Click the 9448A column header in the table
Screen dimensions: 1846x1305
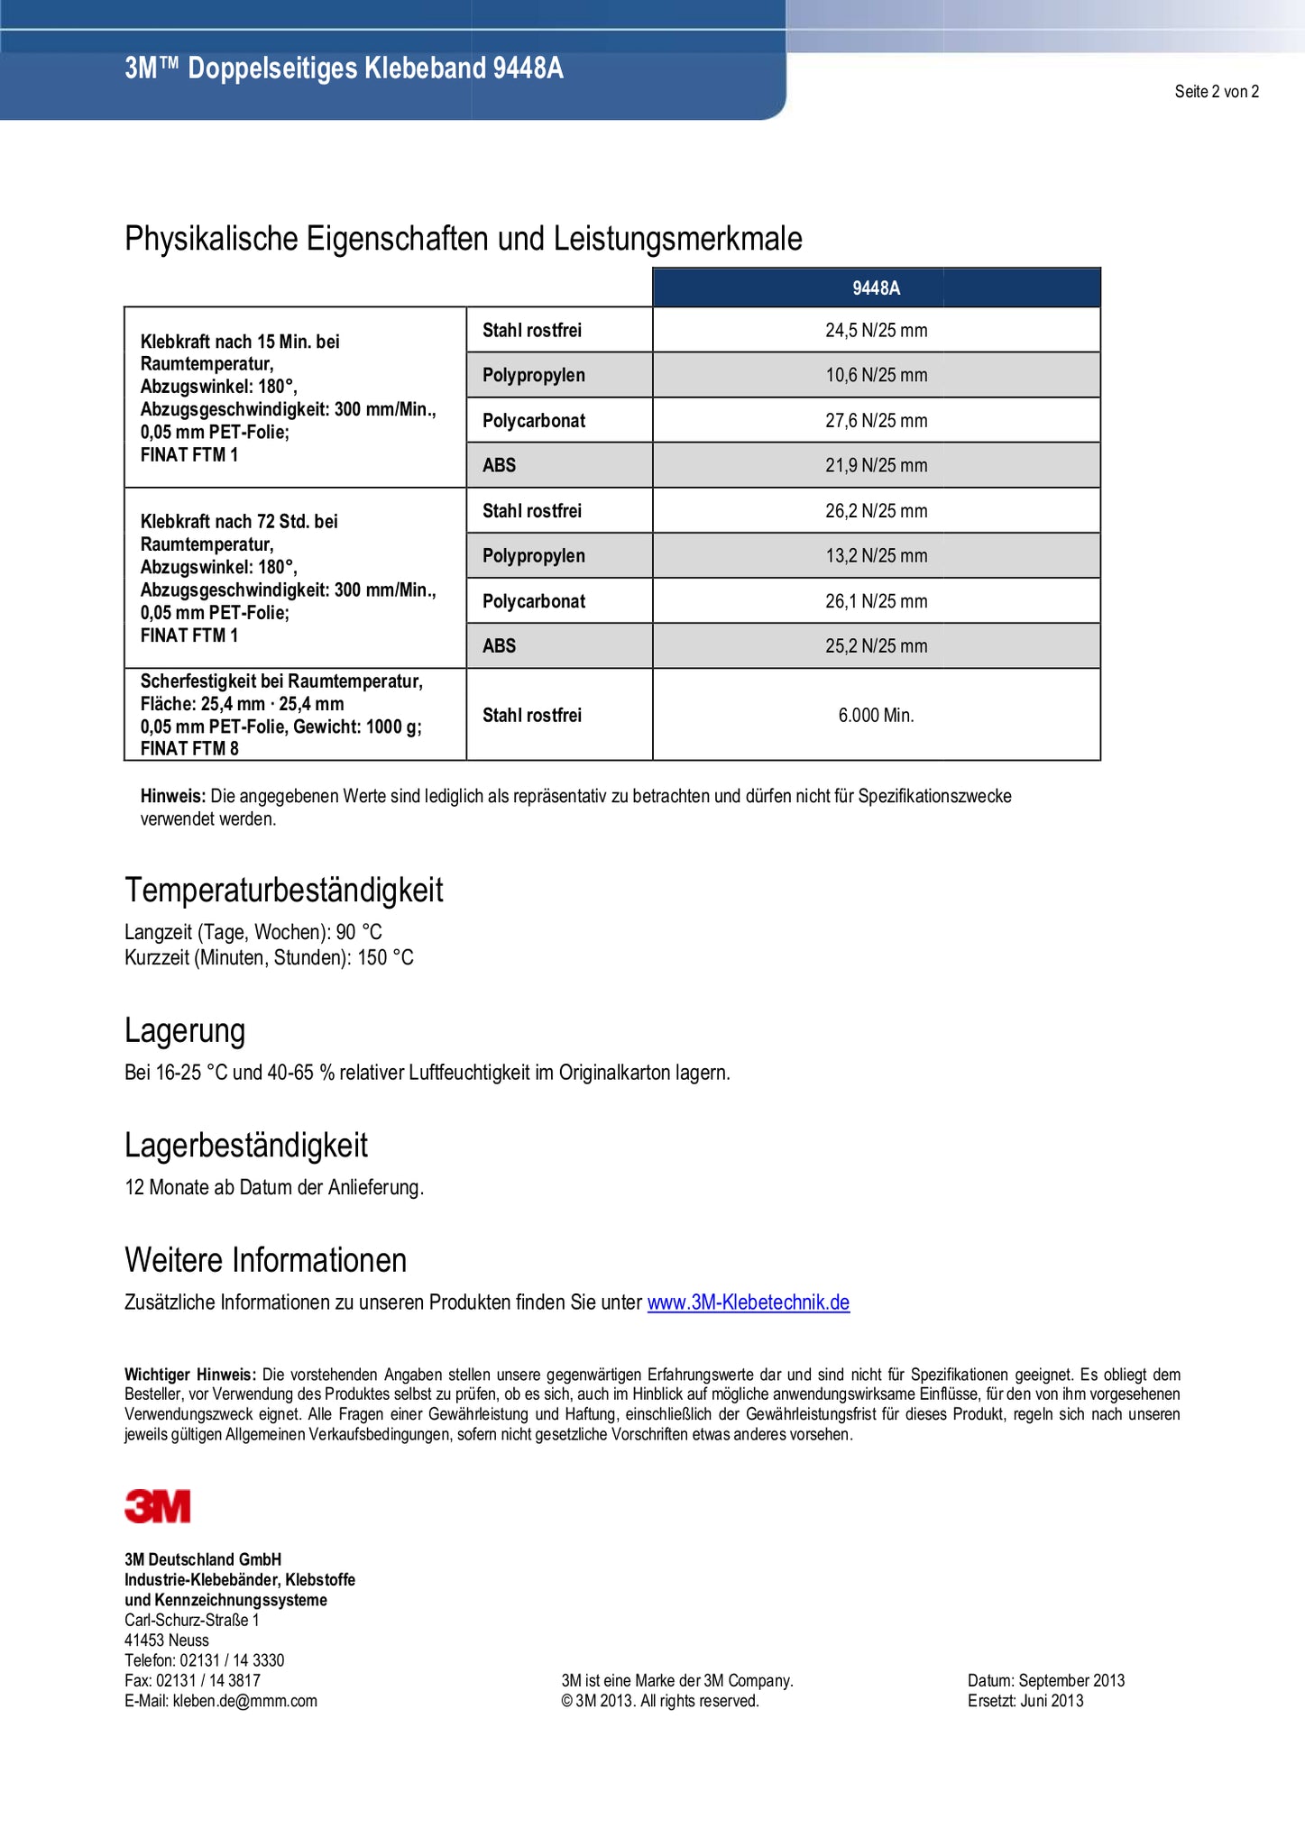point(876,288)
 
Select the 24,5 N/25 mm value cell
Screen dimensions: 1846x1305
point(876,331)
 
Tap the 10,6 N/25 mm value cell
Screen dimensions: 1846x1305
point(876,376)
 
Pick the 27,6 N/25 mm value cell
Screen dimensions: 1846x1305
point(876,421)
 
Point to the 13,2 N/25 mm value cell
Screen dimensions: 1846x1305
point(876,556)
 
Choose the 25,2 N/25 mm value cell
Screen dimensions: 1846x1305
point(876,646)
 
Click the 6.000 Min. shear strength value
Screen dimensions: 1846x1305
point(876,716)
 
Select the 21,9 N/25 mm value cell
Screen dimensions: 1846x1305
point(876,466)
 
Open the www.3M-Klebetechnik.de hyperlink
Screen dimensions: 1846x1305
point(748,1302)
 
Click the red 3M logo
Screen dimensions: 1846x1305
point(158,1506)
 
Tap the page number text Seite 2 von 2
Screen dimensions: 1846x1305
point(1216,91)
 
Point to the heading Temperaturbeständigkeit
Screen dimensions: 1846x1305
point(283,891)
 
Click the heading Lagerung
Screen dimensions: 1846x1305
point(185,1030)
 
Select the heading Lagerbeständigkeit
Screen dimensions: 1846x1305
point(246,1146)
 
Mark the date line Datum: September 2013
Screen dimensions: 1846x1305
point(1045,1680)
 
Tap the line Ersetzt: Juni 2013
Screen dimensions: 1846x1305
point(1025,1701)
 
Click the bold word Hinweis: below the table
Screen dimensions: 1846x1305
point(173,797)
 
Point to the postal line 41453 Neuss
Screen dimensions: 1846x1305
point(167,1640)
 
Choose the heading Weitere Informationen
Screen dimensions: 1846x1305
point(265,1260)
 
